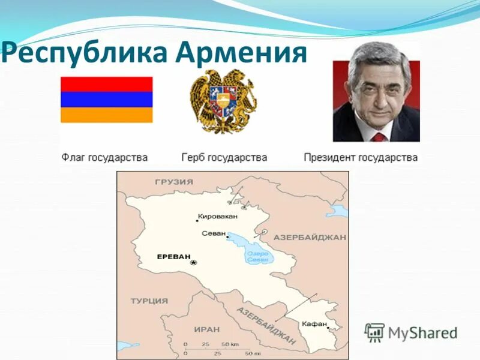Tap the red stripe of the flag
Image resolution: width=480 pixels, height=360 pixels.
coord(106,84)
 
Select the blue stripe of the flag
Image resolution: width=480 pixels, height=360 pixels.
coord(106,100)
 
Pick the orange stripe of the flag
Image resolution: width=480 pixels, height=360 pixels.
coord(106,115)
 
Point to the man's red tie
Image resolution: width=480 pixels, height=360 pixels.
coord(378,137)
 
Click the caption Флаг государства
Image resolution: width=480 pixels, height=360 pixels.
coord(104,158)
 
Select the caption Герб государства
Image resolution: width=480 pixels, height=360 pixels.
coord(224,158)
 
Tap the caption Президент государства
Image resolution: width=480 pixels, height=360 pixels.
coord(361,158)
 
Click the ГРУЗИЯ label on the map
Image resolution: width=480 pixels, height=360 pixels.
coord(174,182)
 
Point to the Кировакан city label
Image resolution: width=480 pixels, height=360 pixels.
coord(217,216)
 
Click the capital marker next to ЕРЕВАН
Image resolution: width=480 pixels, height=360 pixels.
coord(193,263)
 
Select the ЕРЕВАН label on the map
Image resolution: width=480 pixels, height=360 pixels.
coord(173,256)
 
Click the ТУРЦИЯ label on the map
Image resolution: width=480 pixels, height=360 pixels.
coord(149,301)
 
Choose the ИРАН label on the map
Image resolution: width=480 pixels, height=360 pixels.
coord(207,329)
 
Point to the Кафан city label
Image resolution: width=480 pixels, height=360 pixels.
coord(315,323)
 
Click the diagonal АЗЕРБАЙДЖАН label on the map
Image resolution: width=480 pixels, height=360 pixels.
coord(266,326)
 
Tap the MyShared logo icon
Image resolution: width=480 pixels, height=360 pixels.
coord(375,332)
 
